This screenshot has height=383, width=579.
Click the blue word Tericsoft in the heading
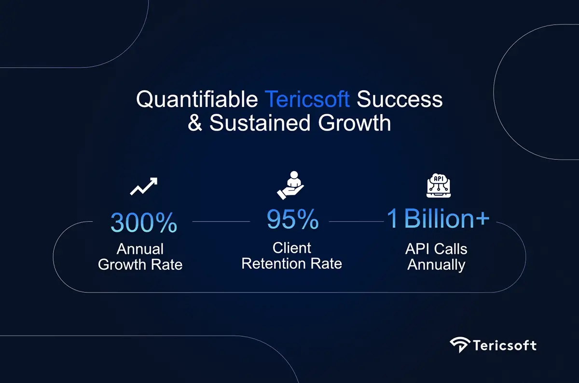(307, 100)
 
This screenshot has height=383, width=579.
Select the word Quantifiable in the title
(197, 100)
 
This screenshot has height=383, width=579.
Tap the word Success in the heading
(400, 100)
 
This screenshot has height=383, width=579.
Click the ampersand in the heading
(195, 123)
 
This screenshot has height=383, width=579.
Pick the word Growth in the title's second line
(354, 123)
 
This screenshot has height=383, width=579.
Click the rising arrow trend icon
(144, 186)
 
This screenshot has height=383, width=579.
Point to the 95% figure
(292, 219)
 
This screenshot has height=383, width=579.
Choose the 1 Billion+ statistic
(438, 219)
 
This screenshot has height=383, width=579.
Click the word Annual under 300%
(140, 250)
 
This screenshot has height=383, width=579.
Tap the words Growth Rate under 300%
(140, 264)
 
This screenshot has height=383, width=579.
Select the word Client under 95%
(292, 248)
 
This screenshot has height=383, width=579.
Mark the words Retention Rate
(292, 264)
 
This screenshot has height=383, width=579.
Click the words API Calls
(436, 249)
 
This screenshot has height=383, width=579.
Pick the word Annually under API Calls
(436, 264)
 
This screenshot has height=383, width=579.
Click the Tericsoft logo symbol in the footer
(459, 345)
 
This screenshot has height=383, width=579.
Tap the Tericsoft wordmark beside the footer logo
(504, 345)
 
